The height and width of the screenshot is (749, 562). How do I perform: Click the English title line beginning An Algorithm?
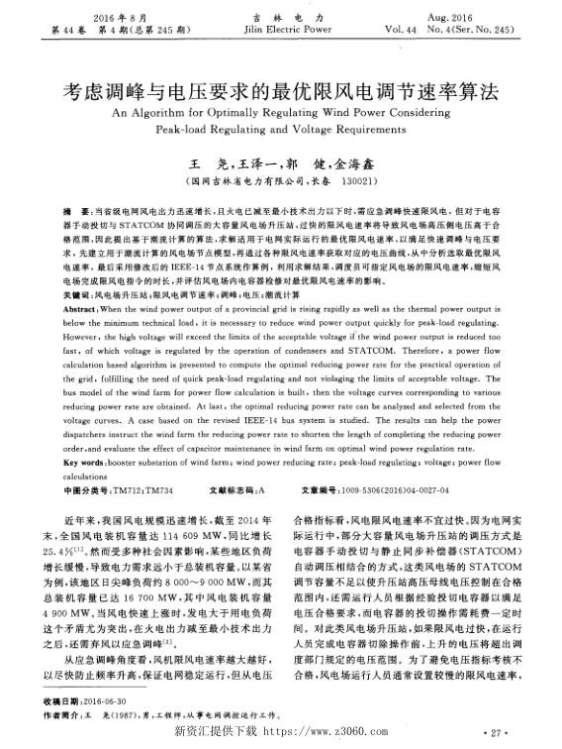click(281, 112)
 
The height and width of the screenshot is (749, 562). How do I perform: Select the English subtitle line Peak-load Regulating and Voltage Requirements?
click(281, 130)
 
